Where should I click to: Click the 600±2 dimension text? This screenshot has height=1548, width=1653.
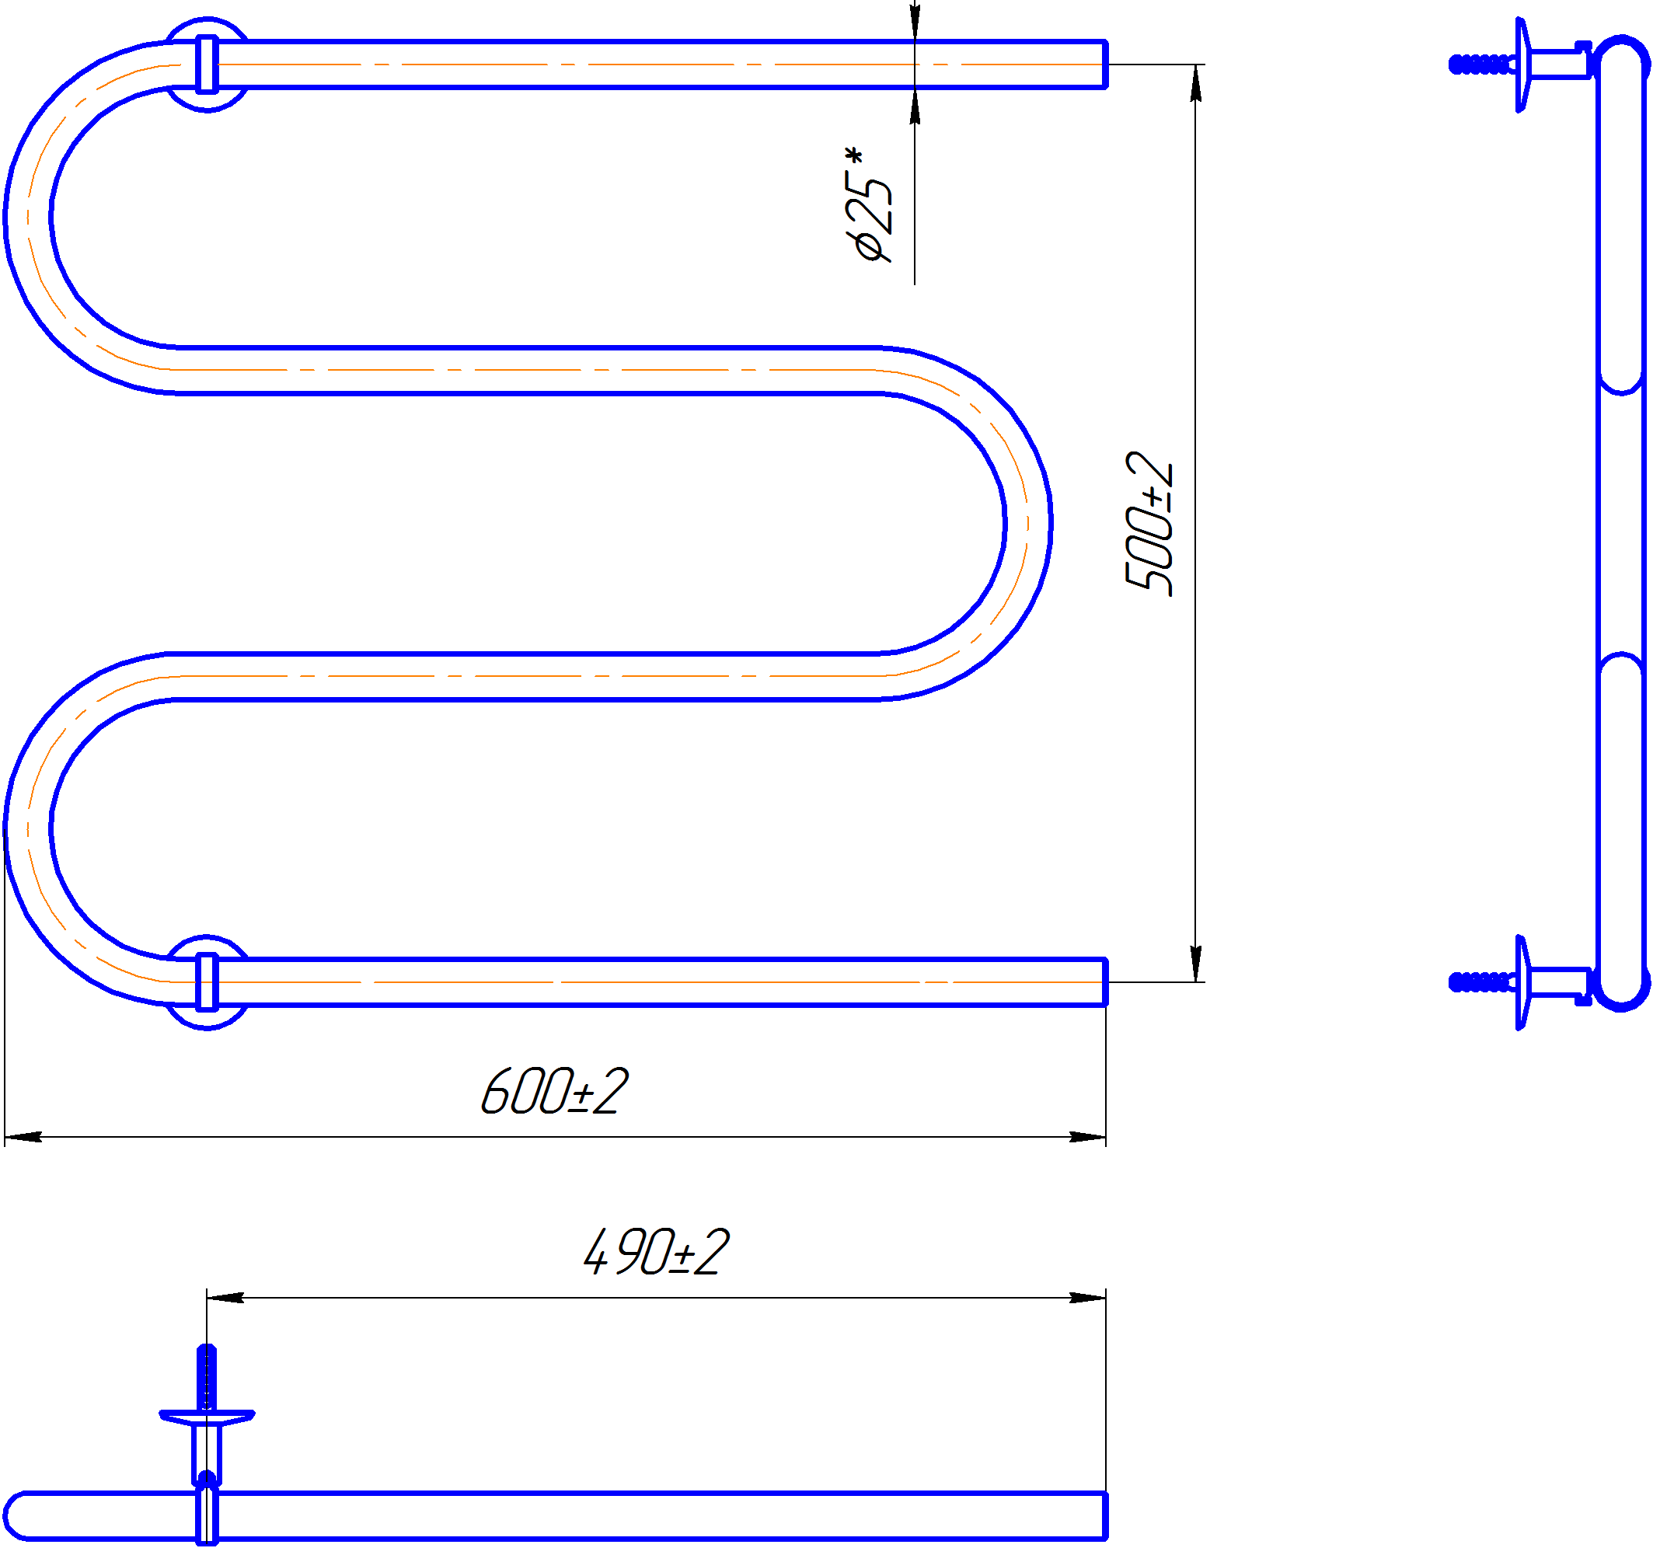[555, 1091]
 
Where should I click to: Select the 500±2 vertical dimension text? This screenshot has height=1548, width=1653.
[1149, 524]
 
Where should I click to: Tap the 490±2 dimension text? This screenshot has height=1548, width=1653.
[656, 1252]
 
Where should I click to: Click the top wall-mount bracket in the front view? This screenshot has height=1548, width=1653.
[207, 64]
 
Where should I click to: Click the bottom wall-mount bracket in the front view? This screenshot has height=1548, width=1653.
[207, 981]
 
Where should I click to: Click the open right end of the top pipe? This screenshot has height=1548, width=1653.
[1105, 64]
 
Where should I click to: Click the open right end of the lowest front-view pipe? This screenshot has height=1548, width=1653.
[1105, 981]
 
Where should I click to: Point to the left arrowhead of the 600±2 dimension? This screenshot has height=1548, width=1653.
[23, 1136]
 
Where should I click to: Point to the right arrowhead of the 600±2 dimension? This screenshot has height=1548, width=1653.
[1087, 1136]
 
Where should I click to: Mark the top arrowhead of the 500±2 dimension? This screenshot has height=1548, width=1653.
[1196, 82]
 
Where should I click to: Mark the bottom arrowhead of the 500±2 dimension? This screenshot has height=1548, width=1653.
[1196, 964]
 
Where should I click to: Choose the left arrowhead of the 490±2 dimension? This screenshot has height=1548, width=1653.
[225, 1297]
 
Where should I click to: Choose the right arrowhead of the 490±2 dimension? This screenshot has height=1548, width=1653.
[1087, 1297]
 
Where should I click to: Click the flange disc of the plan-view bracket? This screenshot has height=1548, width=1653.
[207, 1417]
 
